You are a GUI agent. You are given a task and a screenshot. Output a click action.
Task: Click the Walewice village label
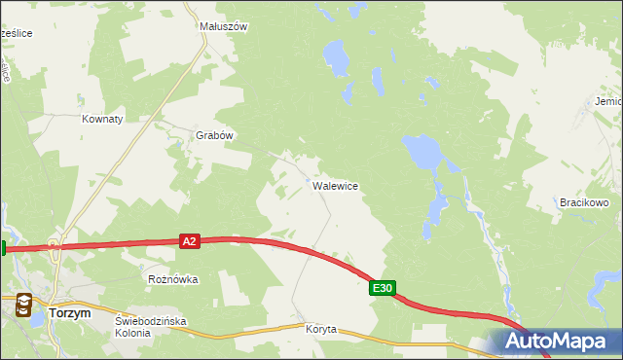click(335, 185)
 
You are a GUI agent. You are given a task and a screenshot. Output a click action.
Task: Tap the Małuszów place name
click(223, 27)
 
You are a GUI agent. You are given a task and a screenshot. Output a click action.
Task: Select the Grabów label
click(215, 136)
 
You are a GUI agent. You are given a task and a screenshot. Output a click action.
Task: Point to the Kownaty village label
click(102, 119)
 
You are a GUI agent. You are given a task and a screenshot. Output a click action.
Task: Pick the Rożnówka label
click(172, 279)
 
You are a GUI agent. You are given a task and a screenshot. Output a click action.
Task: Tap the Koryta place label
click(320, 329)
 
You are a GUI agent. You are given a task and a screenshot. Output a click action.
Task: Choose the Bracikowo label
click(583, 202)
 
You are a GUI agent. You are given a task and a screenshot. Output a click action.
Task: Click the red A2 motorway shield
click(190, 241)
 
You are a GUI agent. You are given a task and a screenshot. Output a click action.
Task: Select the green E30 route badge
click(383, 288)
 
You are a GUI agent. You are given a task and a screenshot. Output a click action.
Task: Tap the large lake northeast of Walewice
click(421, 150)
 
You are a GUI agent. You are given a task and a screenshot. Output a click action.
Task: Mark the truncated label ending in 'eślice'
click(17, 33)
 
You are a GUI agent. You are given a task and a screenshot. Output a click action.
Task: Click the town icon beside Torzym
click(26, 308)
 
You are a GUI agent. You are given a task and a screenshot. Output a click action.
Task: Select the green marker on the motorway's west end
click(3, 248)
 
